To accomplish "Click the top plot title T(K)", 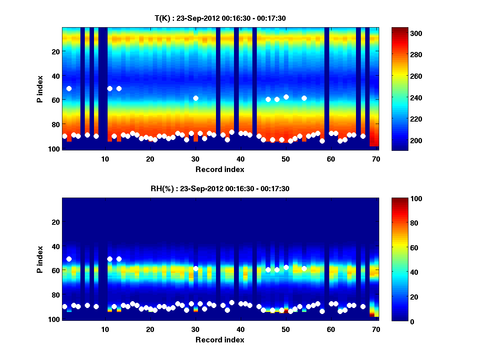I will coord(220,18).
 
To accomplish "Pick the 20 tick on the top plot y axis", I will coord(55,52).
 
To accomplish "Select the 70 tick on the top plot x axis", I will coord(376,159).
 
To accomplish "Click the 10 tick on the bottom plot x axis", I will coord(105,329).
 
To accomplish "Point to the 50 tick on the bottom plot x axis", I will coord(286,329).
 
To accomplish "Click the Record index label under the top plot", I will coord(220,170).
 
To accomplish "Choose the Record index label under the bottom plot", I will coord(220,340).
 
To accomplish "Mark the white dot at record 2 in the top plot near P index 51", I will coord(69,88).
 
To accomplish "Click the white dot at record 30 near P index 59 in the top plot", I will coord(196,98).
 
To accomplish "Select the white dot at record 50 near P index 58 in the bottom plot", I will coord(286,267).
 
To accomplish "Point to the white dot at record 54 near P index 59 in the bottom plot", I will coord(304,268).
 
